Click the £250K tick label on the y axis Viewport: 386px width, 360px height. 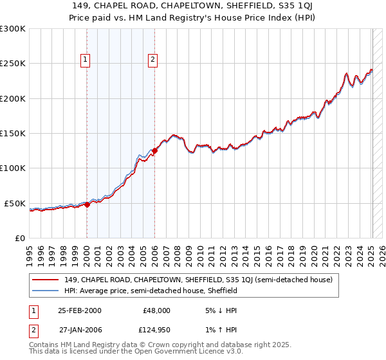pyautogui.click(x=13, y=64)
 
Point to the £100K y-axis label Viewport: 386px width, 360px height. pyautogui.click(x=13, y=168)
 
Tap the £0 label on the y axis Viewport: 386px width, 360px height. pyautogui.click(x=20, y=238)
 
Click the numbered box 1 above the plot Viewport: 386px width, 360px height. pyautogui.click(x=86, y=60)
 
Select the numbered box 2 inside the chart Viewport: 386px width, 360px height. pyautogui.click(x=153, y=60)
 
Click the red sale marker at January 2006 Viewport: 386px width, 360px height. pyautogui.click(x=155, y=151)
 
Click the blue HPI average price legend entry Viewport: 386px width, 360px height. pyautogui.click(x=151, y=291)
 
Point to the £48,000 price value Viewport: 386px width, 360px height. pyautogui.click(x=157, y=310)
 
